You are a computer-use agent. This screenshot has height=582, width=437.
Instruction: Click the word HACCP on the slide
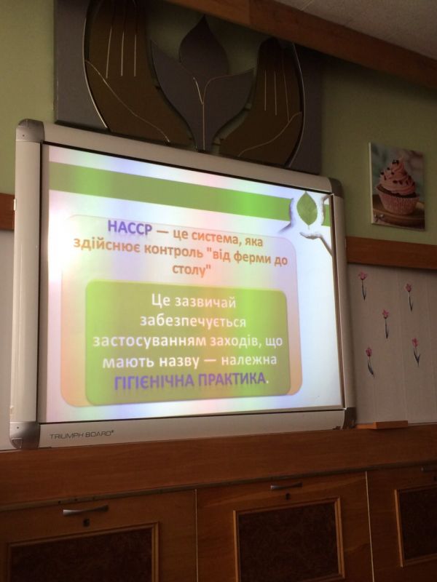tap(130, 227)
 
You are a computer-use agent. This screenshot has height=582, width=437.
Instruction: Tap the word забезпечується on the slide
tap(192, 320)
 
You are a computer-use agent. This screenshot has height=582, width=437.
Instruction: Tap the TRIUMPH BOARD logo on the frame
tap(82, 434)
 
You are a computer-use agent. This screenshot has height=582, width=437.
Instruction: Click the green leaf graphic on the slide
tap(307, 209)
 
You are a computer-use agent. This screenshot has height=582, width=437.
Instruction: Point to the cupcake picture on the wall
tap(397, 186)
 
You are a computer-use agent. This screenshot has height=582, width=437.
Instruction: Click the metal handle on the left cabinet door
tap(85, 510)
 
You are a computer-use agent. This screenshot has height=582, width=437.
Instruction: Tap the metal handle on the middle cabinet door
tap(286, 486)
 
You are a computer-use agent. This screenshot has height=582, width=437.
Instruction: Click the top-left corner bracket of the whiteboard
tap(30, 131)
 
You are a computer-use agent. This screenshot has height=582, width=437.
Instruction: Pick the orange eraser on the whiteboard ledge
tap(382, 425)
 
